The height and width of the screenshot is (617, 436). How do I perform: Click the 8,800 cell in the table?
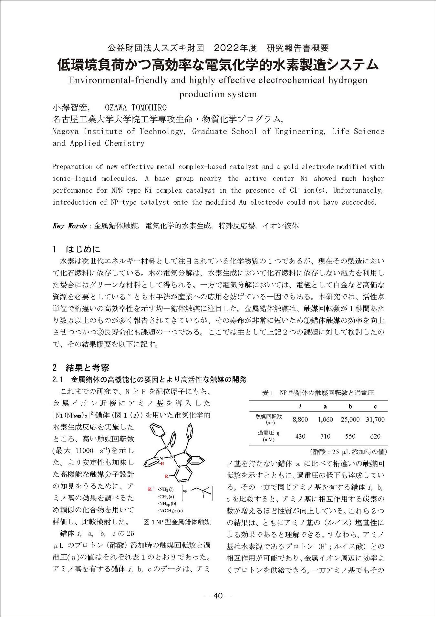click(x=300, y=420)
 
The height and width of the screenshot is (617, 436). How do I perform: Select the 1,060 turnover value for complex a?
click(x=325, y=420)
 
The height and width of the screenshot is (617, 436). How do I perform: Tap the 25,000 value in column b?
click(x=350, y=420)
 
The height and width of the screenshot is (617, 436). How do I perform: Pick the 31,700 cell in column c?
click(x=375, y=420)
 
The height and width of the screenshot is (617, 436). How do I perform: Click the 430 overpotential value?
click(x=300, y=436)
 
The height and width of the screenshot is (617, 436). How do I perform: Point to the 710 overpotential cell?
click(x=325, y=436)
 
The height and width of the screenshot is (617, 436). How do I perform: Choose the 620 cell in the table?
click(x=375, y=436)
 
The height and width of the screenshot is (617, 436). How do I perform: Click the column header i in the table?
click(x=300, y=407)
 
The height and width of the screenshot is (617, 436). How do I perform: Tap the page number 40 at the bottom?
click(x=218, y=596)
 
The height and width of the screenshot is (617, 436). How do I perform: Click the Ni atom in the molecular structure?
click(x=172, y=457)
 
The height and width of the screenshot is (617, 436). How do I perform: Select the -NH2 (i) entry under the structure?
click(x=165, y=489)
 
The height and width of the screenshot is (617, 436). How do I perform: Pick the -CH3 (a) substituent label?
click(x=165, y=496)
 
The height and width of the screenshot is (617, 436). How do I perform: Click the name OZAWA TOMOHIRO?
click(x=136, y=107)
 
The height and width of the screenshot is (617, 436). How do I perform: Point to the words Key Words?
click(x=69, y=226)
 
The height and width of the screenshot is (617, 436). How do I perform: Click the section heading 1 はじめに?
click(x=77, y=249)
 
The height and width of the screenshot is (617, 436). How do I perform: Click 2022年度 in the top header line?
click(x=235, y=48)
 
